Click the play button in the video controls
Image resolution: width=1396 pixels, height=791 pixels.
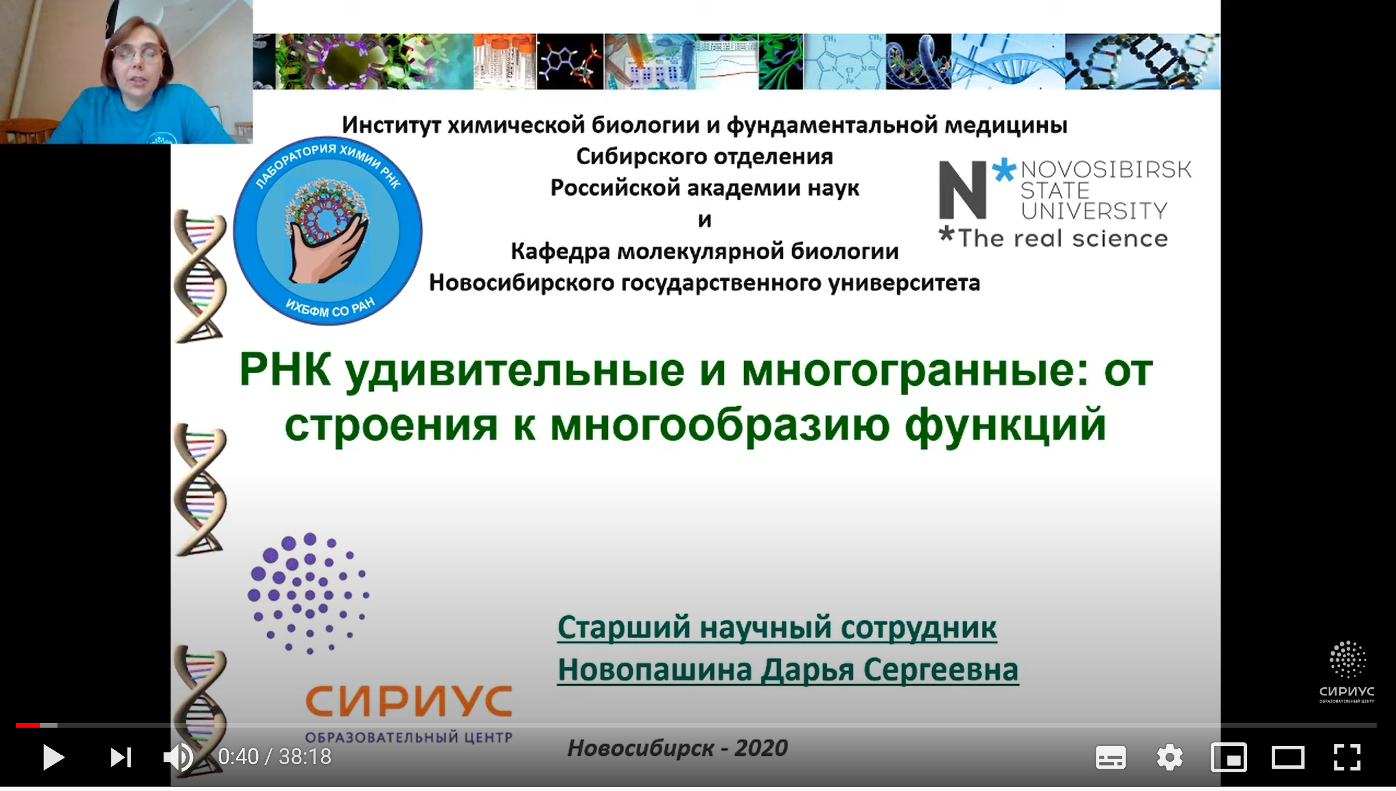[53, 757]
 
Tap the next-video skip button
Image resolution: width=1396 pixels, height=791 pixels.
[121, 757]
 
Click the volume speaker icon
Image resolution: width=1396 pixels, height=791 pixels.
[178, 757]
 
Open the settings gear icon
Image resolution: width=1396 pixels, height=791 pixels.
[1170, 757]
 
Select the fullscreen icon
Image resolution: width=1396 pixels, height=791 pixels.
[1347, 757]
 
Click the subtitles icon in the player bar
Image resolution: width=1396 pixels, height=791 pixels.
[1110, 758]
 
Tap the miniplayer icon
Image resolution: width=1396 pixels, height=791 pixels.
[1229, 758]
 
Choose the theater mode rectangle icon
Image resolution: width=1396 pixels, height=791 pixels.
[1288, 758]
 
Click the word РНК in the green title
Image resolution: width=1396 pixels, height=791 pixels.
[285, 370]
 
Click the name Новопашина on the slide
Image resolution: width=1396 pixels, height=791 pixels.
[654, 669]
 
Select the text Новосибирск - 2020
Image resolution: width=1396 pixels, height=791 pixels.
[677, 748]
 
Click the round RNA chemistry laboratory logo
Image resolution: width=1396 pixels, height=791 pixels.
[328, 230]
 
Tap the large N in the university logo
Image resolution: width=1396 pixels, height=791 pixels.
[962, 190]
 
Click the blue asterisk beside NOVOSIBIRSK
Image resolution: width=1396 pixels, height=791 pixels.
[1004, 170]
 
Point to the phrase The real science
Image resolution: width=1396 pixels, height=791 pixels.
[1062, 239]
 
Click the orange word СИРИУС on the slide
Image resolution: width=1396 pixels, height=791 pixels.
[409, 701]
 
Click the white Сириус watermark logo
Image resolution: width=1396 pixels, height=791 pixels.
[1347, 672]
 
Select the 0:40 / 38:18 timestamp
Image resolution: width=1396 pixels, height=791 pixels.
[275, 757]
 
